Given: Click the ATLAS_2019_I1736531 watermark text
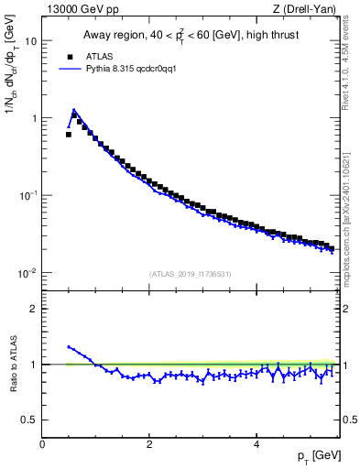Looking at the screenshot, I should pos(191,274).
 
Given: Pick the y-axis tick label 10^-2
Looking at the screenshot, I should pos(27,273).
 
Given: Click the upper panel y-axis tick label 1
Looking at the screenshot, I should pos(33,118).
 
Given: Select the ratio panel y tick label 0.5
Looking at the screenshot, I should pos(28,420).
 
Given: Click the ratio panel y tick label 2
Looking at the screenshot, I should pos(33,309).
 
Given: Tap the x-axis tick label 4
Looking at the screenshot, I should pos(256,444).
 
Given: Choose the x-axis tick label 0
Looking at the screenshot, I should pos(42,444).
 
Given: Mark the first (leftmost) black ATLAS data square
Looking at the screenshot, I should pos(69,134).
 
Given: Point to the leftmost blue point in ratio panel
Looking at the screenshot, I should pos(69,347).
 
